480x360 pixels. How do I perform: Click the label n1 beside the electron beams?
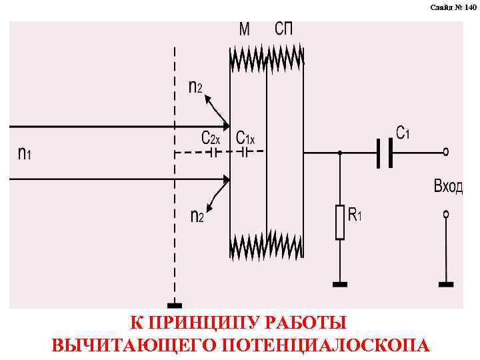click(x=24, y=153)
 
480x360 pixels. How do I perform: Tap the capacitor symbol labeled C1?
click(x=383, y=153)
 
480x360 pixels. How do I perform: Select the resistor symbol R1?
click(x=340, y=222)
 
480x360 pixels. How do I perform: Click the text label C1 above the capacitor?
click(x=403, y=133)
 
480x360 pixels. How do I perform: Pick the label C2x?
click(x=211, y=138)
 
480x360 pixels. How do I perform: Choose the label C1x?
click(x=245, y=138)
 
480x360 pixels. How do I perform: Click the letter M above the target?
click(x=245, y=30)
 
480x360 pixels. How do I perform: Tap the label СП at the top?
click(x=283, y=30)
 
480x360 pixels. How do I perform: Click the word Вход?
click(x=448, y=186)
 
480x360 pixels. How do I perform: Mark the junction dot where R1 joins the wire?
click(x=340, y=153)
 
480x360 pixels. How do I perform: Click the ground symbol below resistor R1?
click(x=340, y=285)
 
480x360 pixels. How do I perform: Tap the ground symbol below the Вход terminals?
click(x=446, y=285)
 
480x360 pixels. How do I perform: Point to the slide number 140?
click(x=453, y=7)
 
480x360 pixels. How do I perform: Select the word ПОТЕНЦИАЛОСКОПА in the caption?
click(x=326, y=345)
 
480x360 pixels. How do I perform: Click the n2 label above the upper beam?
click(x=195, y=87)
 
